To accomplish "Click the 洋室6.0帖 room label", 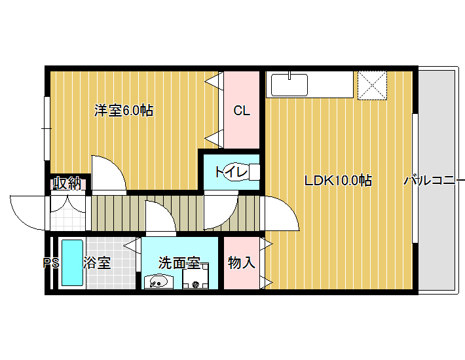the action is (124, 111).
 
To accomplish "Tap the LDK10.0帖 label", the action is (339, 180).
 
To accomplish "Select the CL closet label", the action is (242, 111).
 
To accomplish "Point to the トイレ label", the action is (231, 172).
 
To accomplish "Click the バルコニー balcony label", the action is (434, 180).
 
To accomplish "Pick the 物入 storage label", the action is (242, 262).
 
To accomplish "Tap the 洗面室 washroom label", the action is (179, 262).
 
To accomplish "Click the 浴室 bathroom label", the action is (97, 262).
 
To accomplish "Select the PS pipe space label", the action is (51, 263).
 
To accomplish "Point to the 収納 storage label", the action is (67, 183).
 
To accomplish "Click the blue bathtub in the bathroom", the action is (72, 263).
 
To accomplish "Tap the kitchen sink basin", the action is (289, 85).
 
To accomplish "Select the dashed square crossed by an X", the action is (372, 85).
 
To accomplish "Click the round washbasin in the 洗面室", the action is (157, 281).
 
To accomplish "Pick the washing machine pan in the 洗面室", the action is (195, 276).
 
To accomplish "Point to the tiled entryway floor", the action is (68, 219).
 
